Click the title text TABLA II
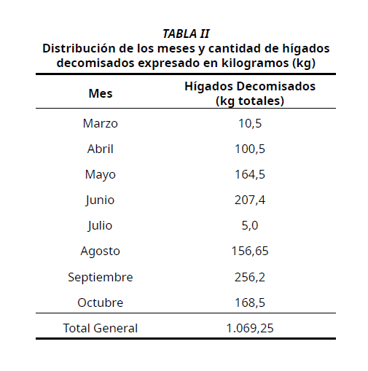[186, 34]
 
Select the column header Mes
[101, 93]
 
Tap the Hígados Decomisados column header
[250, 93]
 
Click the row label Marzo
[101, 124]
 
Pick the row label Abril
[101, 149]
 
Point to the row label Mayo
[101, 175]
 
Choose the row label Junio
[101, 200]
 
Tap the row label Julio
[101, 226]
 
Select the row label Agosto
[101, 251]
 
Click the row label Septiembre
[101, 277]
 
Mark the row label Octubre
[101, 302]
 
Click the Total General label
[101, 328]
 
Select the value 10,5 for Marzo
[250, 124]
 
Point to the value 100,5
[250, 149]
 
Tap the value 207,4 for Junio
[250, 200]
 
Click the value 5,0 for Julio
[250, 226]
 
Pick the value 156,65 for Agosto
[250, 251]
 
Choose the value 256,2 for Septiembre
[250, 277]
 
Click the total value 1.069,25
[250, 328]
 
